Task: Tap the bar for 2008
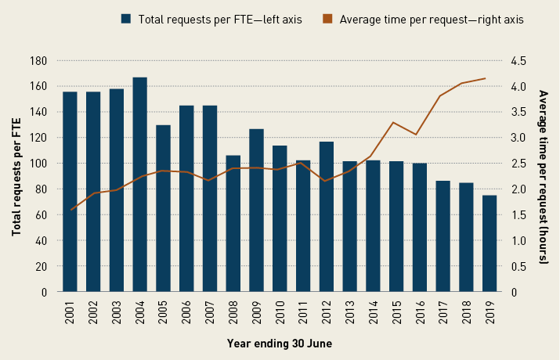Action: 233,224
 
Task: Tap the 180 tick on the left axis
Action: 38,60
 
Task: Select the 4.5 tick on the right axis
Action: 519,60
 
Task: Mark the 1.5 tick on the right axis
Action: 519,214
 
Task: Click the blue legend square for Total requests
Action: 126,18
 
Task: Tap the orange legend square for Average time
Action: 327,18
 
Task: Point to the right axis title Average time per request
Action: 544,176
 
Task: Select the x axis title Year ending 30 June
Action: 280,343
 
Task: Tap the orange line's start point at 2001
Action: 70,210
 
